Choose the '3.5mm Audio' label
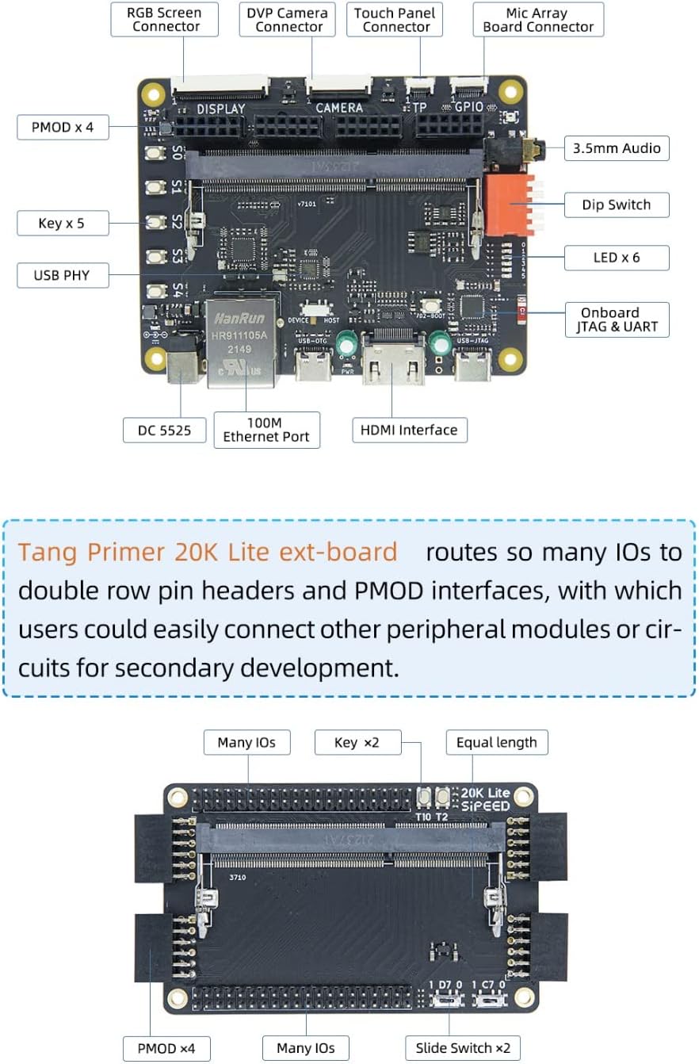(x=617, y=148)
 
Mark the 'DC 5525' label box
(x=165, y=430)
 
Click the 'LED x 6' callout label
(x=617, y=257)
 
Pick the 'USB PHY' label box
(x=62, y=276)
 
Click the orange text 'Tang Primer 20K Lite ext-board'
(x=208, y=552)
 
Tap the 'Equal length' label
(x=497, y=742)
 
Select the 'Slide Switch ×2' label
(x=464, y=1047)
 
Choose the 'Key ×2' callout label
(x=357, y=742)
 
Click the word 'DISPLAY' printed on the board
(x=221, y=108)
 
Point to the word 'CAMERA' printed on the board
(x=339, y=108)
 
